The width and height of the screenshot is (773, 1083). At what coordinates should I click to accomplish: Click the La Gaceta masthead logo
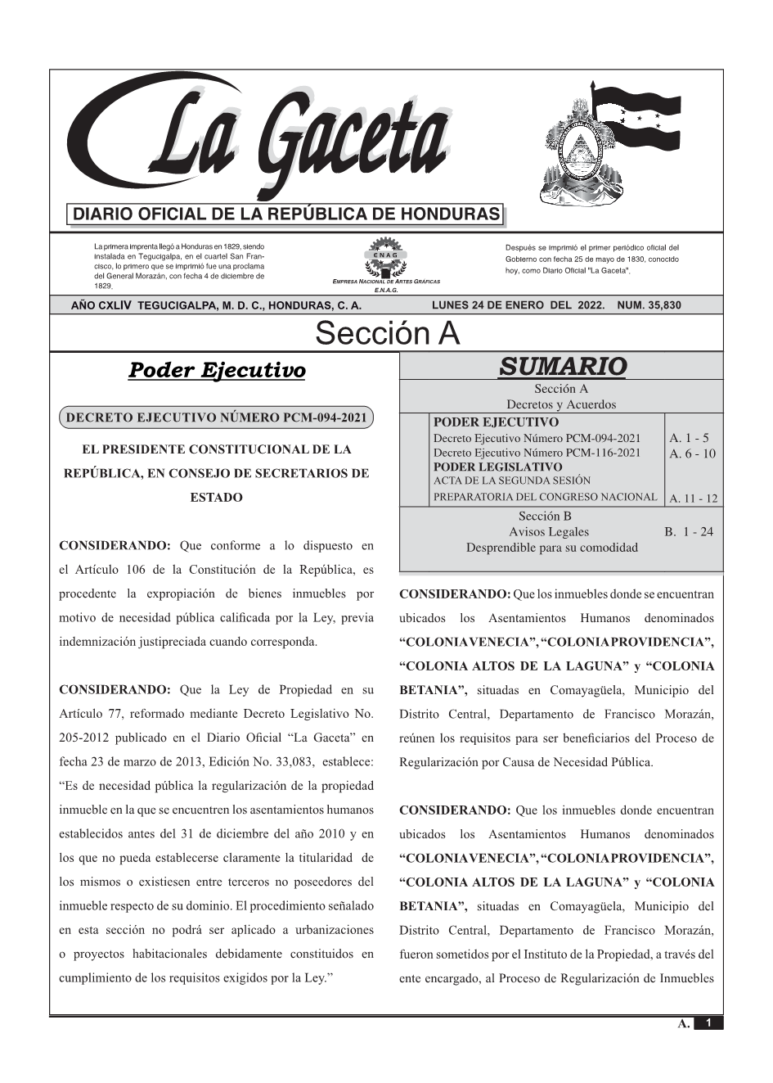tap(262, 139)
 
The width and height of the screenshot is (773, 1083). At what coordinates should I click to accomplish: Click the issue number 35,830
tap(649, 305)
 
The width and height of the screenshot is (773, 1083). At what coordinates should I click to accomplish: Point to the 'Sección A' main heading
tap(387, 334)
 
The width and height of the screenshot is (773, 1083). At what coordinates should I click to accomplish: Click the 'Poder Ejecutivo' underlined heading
tap(217, 370)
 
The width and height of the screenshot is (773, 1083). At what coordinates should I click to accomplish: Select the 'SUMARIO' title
tap(562, 367)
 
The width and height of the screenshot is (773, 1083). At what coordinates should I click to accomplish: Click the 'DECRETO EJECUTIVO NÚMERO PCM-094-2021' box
tap(217, 417)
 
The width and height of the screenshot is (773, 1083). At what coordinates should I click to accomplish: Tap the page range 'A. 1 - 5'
tap(689, 438)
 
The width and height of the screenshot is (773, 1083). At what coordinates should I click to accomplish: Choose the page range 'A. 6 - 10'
tap(691, 454)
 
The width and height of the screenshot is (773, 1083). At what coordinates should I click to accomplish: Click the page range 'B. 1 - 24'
tap(689, 532)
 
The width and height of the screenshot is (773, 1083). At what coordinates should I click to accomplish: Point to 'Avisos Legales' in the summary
tap(548, 532)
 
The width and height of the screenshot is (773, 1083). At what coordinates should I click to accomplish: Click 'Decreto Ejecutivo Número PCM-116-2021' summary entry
tap(537, 453)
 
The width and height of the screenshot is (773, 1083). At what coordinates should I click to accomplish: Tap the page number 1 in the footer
tap(709, 1022)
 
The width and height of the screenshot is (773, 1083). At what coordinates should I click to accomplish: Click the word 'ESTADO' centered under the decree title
tap(216, 497)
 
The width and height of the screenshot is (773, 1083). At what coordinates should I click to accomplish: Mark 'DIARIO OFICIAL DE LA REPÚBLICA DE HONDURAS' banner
tap(286, 214)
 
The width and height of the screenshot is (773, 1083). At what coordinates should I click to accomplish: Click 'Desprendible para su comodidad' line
tap(551, 548)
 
